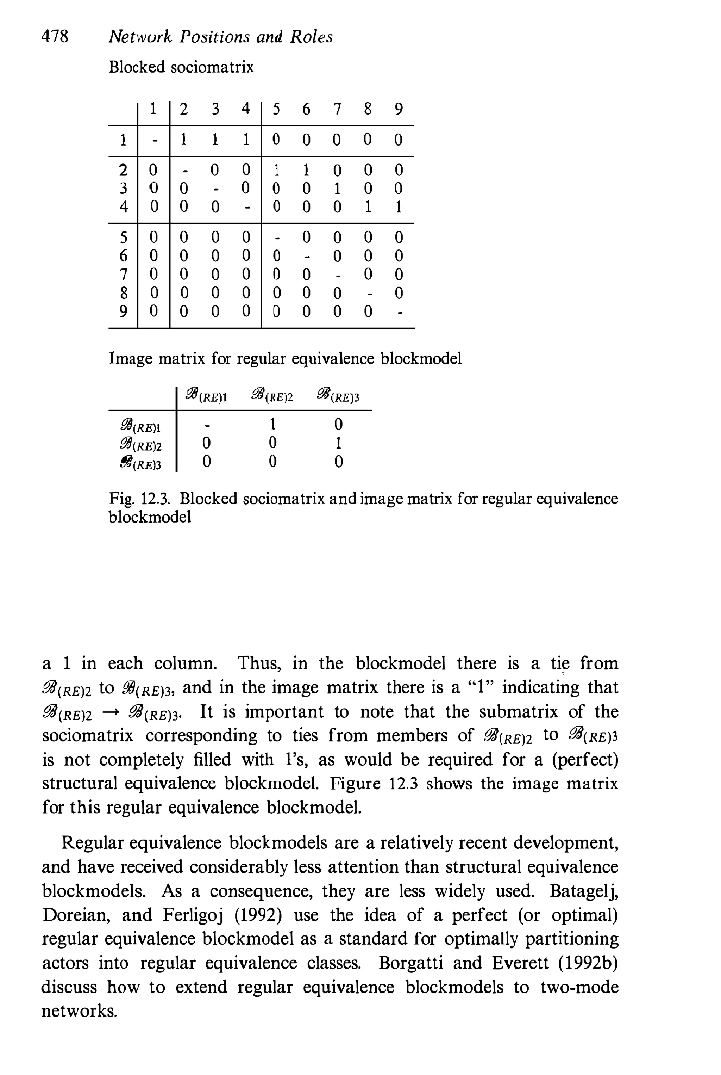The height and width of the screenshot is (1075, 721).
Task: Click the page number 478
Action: pos(55,36)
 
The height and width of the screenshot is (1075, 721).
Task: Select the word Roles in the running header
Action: pos(311,37)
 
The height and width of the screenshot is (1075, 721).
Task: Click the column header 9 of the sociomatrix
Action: pos(399,109)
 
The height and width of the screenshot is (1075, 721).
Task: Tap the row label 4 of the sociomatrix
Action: pos(123,207)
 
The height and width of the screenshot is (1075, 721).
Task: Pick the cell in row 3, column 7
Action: pos(337,189)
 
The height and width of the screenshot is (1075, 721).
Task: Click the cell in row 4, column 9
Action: pos(399,207)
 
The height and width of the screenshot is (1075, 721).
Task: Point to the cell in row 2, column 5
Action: pos(276,170)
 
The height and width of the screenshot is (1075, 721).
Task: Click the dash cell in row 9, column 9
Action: pos(399,312)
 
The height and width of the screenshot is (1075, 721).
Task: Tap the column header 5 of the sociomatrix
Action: pos(276,109)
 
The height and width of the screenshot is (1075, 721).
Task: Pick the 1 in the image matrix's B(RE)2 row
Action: pos(338,443)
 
